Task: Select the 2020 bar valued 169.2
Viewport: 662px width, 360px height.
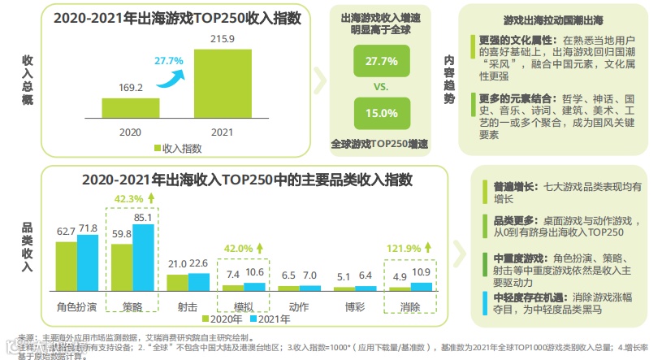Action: coord(131,109)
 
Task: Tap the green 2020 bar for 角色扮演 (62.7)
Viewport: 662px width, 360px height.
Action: coord(67,266)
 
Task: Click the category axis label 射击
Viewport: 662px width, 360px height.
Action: coord(188,306)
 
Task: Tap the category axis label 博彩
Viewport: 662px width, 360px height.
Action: coord(355,306)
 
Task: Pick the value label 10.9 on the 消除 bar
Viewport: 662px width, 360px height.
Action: coord(421,271)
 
